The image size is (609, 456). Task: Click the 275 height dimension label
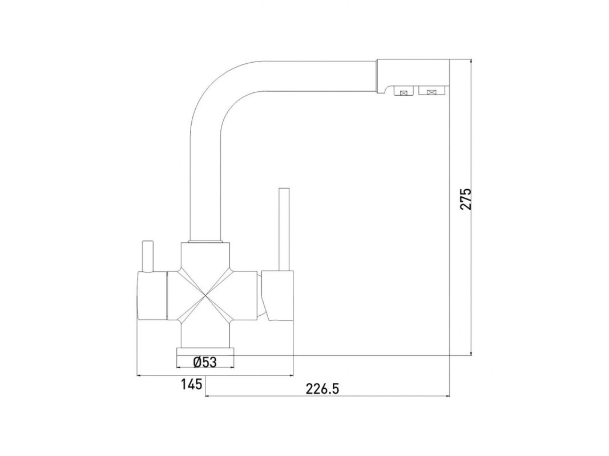click(465, 199)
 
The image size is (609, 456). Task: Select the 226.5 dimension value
click(322, 388)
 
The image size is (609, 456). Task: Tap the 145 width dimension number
click(191, 384)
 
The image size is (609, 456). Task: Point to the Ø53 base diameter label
click(205, 362)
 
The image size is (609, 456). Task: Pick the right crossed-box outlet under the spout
click(431, 91)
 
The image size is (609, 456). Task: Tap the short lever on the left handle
click(148, 256)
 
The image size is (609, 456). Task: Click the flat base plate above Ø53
click(205, 351)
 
